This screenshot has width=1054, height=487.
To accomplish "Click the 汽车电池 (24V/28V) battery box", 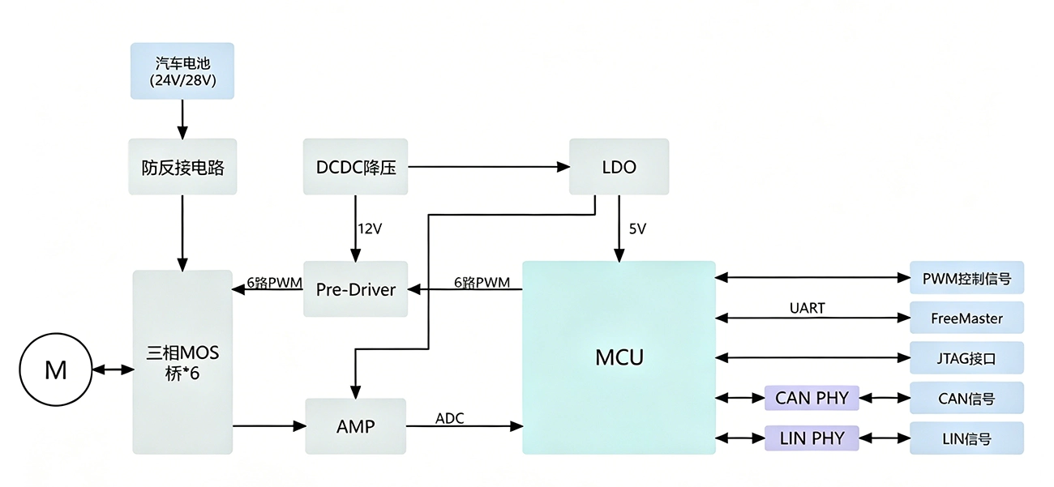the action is [182, 71].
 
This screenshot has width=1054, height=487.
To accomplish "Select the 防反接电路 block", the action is [182, 166].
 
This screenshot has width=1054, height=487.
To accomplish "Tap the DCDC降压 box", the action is [355, 166].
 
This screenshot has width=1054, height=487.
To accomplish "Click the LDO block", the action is [619, 166].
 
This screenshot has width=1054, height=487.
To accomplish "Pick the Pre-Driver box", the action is [355, 289].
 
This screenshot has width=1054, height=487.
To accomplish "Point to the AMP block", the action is [355, 426].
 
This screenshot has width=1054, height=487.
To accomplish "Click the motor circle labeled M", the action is [55, 370].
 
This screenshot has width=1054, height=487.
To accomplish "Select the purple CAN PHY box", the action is [812, 398].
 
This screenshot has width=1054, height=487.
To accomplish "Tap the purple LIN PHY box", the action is [812, 438].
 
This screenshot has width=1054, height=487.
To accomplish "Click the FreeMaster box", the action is [966, 318].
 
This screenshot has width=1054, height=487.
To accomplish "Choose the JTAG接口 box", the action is [966, 357].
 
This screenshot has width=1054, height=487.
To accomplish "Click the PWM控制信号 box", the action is [966, 277].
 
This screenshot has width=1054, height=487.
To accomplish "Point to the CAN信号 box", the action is [966, 398].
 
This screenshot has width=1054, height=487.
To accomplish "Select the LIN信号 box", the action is [966, 438].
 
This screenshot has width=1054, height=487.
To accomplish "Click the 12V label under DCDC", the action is [370, 229].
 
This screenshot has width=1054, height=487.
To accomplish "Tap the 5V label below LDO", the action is [637, 229].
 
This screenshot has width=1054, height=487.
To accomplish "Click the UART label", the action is [807, 309].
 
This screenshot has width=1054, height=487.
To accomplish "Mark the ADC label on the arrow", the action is [450, 418].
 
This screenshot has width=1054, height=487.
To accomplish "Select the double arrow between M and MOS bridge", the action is [113, 370].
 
